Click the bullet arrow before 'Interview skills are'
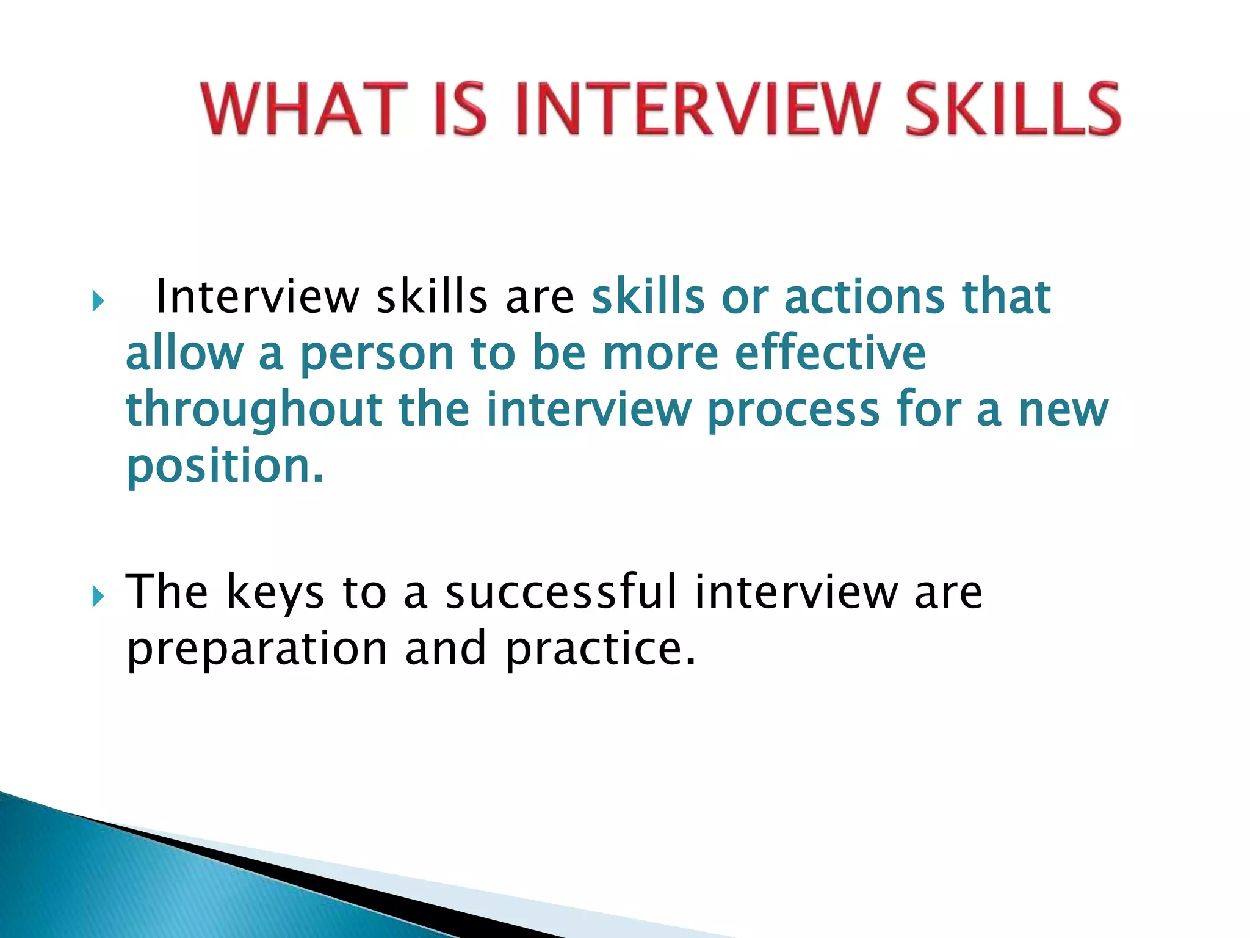tap(98, 300)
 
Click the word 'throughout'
tap(254, 410)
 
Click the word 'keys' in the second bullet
tap(275, 592)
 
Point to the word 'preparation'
tap(257, 649)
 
